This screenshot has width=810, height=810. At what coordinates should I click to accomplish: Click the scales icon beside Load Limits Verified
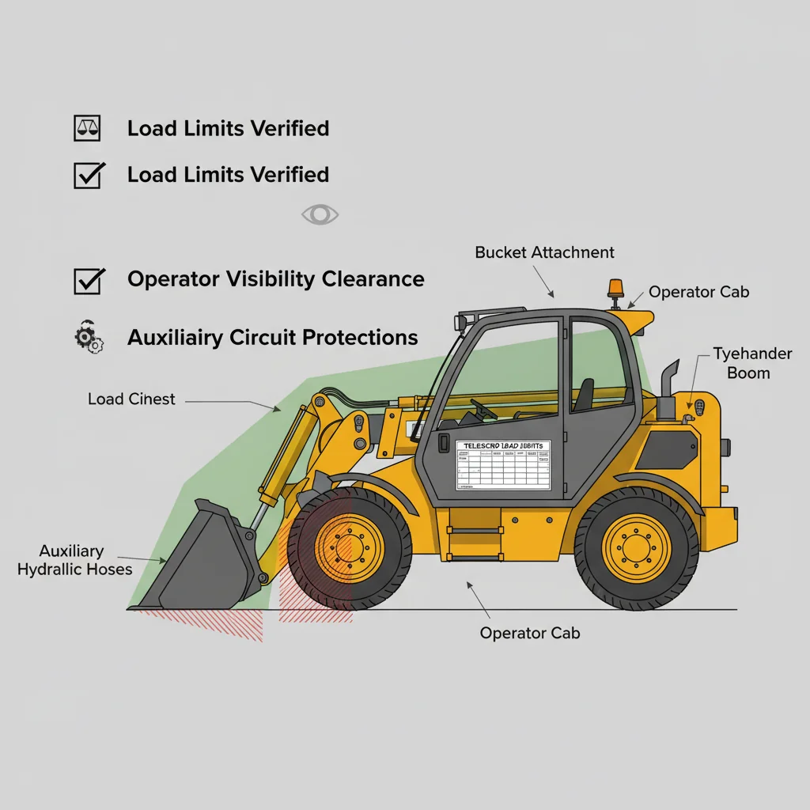point(87,128)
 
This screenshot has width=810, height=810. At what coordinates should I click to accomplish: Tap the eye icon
point(320,214)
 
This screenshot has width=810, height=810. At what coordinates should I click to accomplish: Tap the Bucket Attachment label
point(544,252)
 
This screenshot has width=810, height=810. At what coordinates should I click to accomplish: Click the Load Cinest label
point(131,399)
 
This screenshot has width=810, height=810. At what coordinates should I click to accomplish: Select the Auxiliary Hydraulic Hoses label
point(74,559)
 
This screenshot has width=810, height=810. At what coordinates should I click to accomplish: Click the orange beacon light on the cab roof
point(615,288)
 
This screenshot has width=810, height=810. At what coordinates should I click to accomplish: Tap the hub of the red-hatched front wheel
point(349,547)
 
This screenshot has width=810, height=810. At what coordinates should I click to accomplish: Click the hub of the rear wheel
point(636,547)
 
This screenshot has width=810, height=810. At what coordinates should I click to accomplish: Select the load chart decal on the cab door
point(502,465)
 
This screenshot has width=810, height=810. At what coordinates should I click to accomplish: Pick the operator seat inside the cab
point(583,396)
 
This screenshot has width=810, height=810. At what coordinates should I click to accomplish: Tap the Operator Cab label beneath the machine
point(529,634)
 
